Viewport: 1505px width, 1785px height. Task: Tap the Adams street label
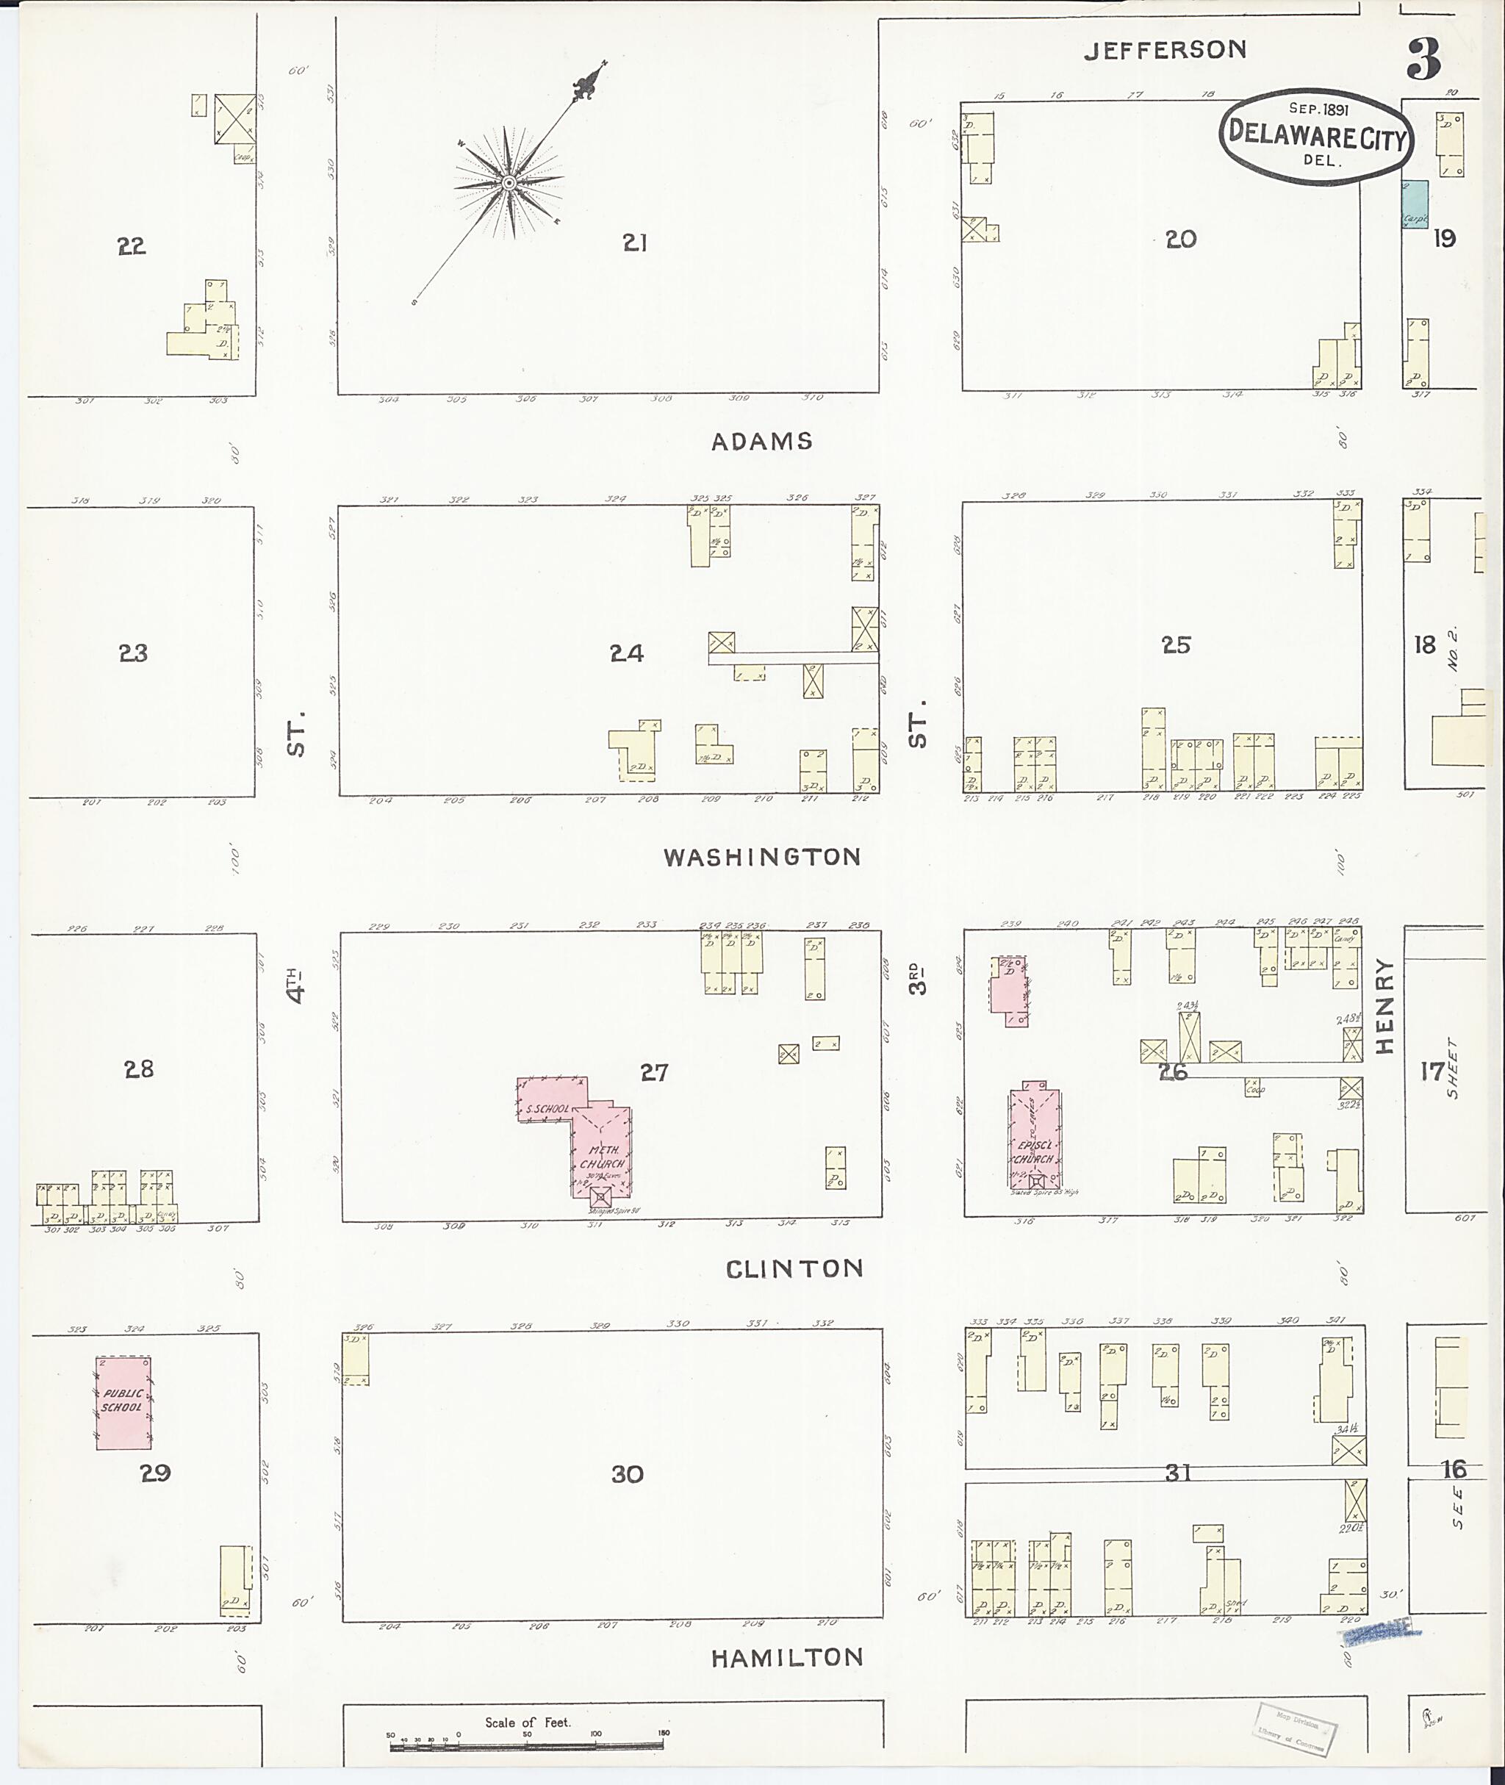click(x=762, y=441)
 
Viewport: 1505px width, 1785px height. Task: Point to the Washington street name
click(x=762, y=857)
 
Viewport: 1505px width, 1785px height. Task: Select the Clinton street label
click(x=794, y=1269)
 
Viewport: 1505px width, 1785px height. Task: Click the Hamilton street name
click(x=786, y=1657)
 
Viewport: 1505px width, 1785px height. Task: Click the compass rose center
click(x=509, y=182)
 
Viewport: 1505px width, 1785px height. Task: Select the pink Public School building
click(x=123, y=1403)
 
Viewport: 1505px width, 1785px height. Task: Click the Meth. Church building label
click(x=603, y=1157)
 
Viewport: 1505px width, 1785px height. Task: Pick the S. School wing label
click(x=547, y=1108)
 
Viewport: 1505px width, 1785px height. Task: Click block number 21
click(x=634, y=243)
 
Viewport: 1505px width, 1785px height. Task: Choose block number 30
click(x=627, y=1474)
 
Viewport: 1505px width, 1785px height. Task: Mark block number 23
click(x=133, y=653)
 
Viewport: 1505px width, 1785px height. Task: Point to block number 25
click(x=1176, y=645)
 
